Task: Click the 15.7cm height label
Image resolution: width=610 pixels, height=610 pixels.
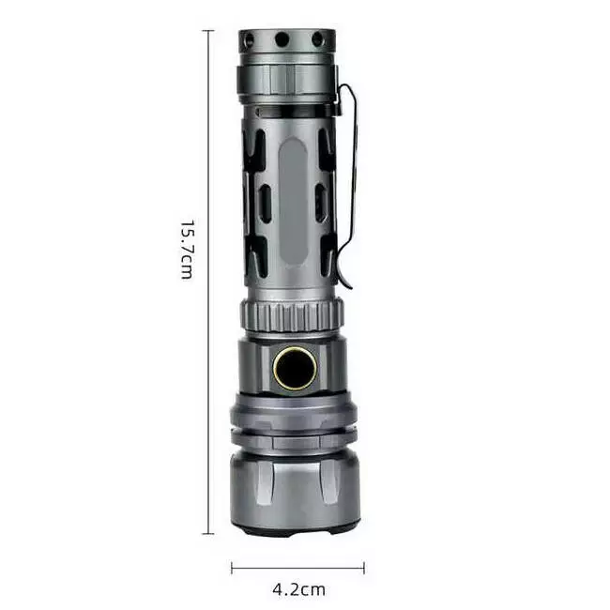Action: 187,250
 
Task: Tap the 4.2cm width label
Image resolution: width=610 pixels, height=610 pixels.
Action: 298,589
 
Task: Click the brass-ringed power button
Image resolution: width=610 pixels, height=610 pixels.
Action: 295,367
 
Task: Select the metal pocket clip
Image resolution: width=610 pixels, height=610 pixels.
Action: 346,183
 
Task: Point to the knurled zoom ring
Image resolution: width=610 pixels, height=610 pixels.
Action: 292,314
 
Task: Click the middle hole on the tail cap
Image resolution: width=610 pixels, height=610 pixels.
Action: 282,39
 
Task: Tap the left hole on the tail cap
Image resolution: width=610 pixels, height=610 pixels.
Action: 249,40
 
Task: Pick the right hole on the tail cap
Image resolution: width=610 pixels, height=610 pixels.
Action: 317,39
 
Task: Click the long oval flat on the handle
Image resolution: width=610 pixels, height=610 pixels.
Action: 293,203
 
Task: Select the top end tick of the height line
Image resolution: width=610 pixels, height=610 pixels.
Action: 208,30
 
